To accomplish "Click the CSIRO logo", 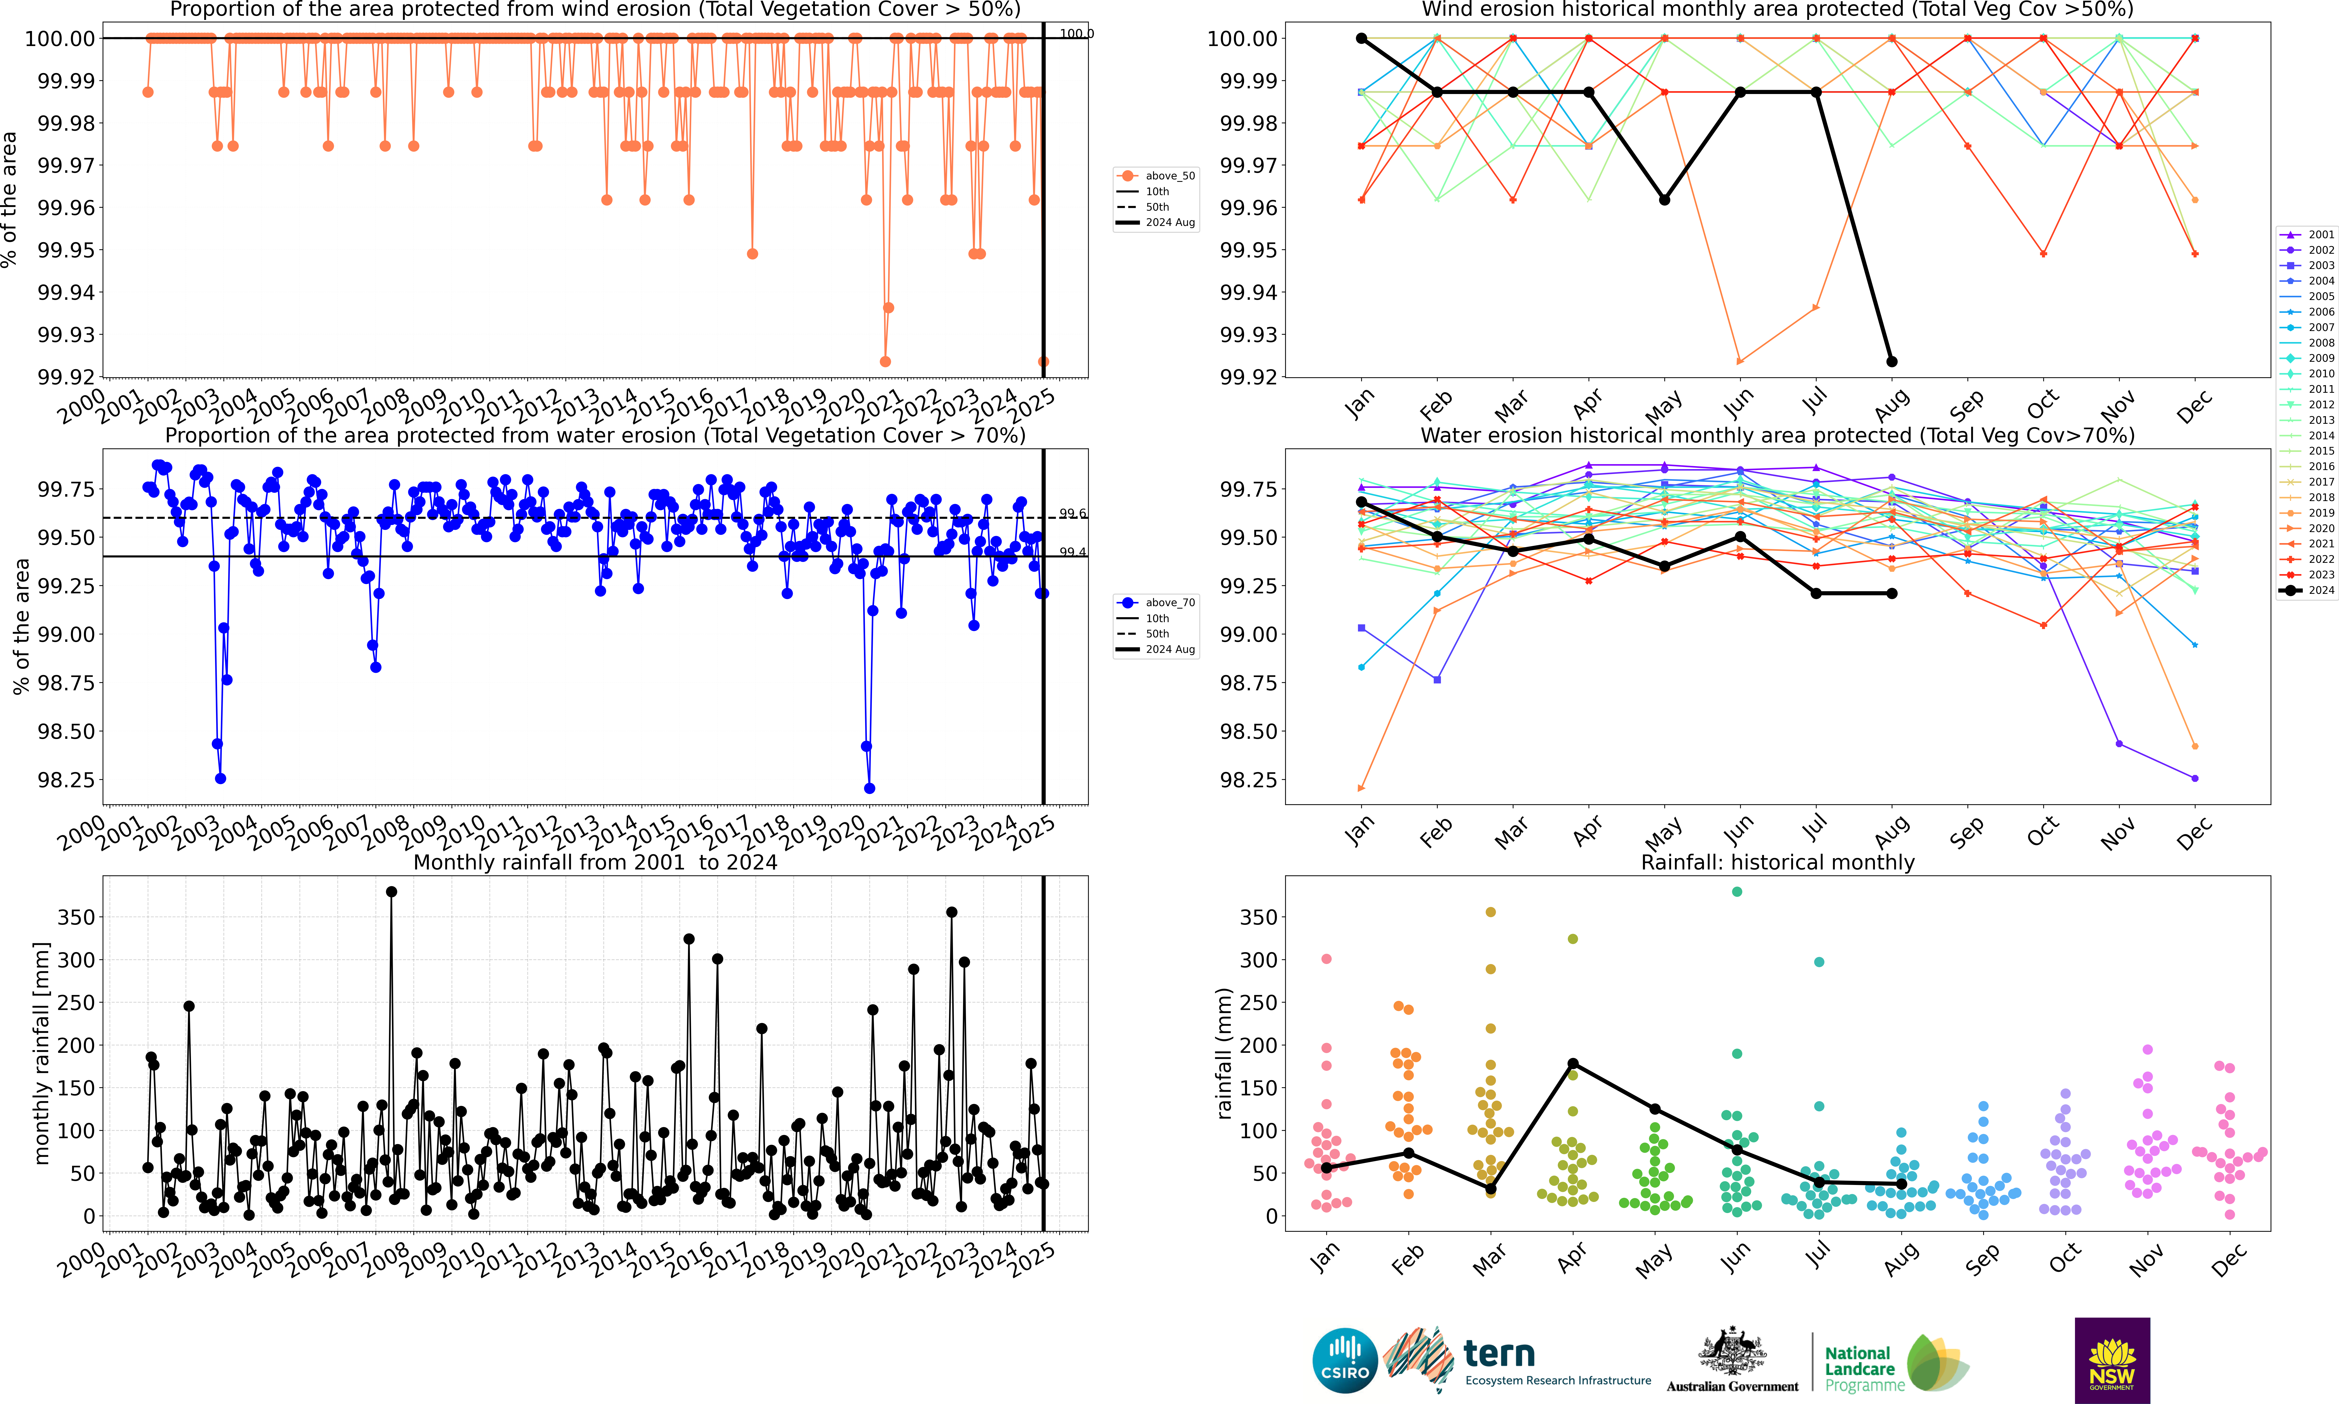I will (x=1344, y=1360).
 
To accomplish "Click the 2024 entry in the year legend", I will (x=2308, y=590).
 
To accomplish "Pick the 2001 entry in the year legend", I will (x=2308, y=235).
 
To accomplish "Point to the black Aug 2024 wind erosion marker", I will (x=1892, y=362).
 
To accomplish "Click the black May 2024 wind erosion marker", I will (x=1665, y=200).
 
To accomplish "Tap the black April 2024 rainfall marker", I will (x=1573, y=1063).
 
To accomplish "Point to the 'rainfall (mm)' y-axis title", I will (x=1225, y=1053).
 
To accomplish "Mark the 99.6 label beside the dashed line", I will (x=1073, y=514).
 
